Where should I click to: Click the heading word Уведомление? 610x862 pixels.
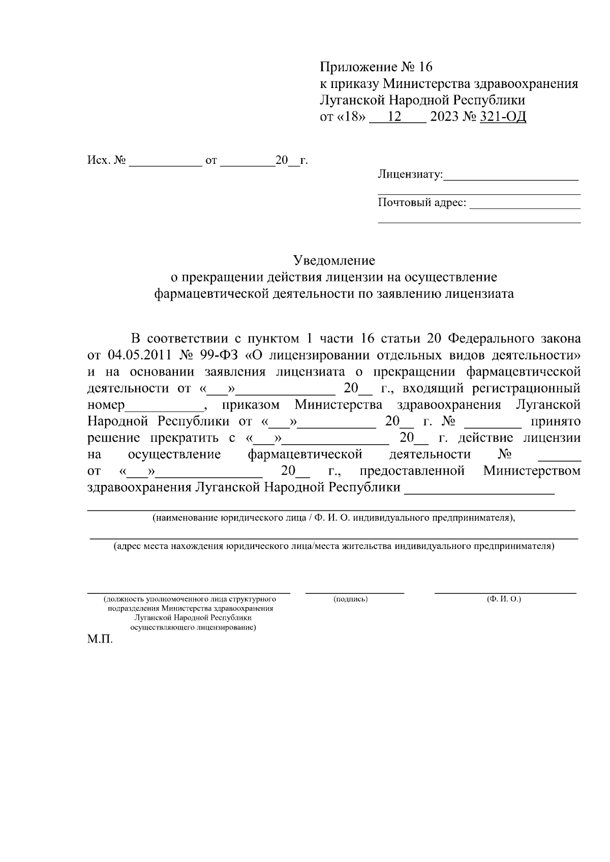pos(334,261)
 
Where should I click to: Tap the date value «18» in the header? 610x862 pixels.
pos(351,118)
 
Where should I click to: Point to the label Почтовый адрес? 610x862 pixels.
pos(422,203)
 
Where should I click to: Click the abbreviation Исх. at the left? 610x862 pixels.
pos(98,161)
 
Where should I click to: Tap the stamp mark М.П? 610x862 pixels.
pos(100,640)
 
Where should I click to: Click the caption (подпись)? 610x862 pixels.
pos(351,599)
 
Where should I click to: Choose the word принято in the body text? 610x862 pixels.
pos(556,422)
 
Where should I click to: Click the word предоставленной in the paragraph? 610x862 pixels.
pos(412,471)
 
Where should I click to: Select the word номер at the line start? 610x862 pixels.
pos(106,406)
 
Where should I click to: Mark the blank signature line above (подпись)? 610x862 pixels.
pos(354,593)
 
